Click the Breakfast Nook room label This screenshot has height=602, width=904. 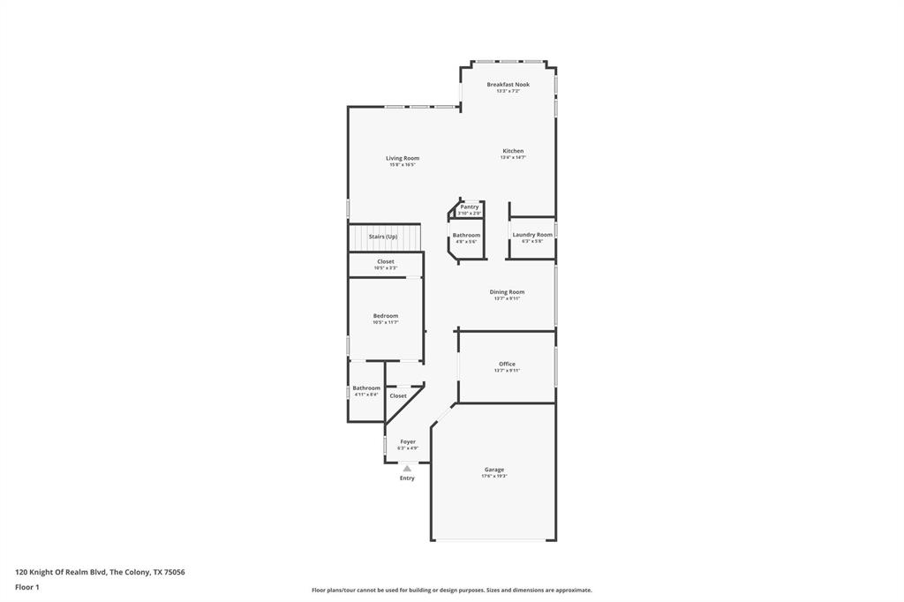[508, 85]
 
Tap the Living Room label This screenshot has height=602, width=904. [402, 159]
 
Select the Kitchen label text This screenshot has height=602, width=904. [513, 151]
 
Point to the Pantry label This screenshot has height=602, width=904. [470, 207]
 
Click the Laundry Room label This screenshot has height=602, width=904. [532, 235]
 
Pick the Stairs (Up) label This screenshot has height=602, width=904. [383, 237]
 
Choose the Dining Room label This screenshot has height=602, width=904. [507, 292]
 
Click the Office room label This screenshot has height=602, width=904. [507, 365]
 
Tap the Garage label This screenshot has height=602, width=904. [493, 470]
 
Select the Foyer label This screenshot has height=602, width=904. [408, 441]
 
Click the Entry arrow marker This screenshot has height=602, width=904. [407, 468]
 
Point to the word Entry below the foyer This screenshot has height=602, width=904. [407, 478]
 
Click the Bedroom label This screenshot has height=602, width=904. [385, 316]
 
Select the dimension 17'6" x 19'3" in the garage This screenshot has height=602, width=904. [493, 477]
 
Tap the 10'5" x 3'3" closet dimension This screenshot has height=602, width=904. [386, 267]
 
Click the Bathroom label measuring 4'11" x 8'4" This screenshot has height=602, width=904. [366, 388]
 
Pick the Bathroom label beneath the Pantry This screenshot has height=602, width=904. [466, 236]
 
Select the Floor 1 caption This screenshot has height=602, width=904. [27, 587]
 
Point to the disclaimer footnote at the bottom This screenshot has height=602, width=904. [451, 591]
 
